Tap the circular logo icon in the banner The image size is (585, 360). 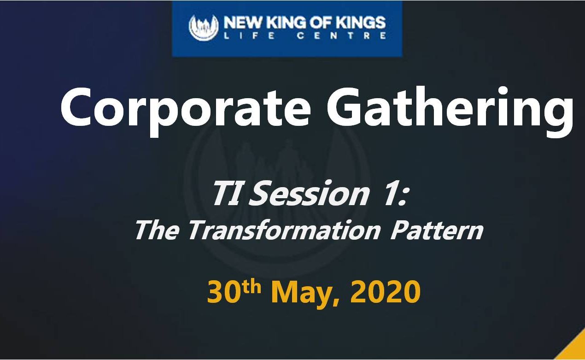pos(204,28)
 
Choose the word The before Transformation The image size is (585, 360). pos(158,230)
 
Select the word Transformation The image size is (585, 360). pos(284,230)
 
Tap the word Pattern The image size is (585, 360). pos(436,230)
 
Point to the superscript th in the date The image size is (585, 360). pos(251,287)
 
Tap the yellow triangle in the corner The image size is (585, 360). pos(574,349)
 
